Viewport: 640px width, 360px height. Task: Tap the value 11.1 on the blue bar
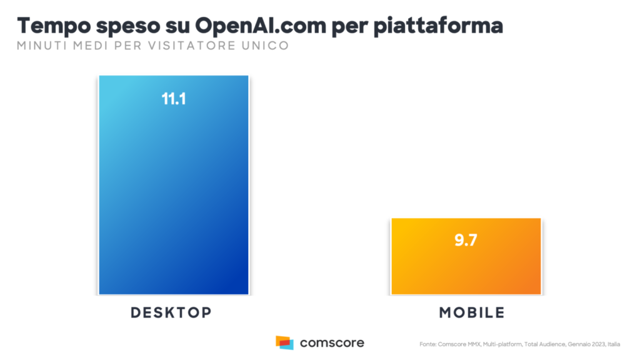174,99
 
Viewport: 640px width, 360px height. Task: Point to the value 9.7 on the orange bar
466,241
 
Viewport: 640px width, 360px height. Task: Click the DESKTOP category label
171,312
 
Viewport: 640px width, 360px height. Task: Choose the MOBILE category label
472,312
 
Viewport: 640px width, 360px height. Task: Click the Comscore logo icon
284,342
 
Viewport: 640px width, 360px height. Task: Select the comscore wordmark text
332,343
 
